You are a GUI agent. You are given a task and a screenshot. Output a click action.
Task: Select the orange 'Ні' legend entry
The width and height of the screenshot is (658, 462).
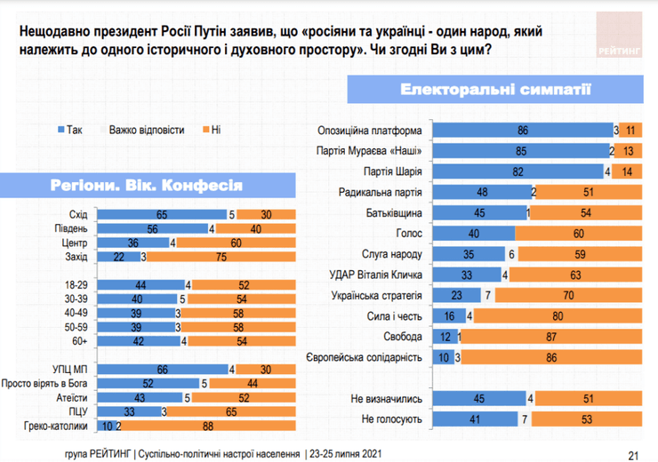point(210,131)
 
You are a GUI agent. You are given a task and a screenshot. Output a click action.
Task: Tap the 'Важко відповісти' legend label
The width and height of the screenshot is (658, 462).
point(147,131)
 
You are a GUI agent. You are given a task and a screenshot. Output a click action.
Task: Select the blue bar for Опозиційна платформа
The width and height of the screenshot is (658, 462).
point(521,130)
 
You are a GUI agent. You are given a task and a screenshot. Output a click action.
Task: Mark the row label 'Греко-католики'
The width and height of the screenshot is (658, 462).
point(57,427)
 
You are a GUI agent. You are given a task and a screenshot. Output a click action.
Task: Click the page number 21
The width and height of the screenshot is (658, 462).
point(633,453)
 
